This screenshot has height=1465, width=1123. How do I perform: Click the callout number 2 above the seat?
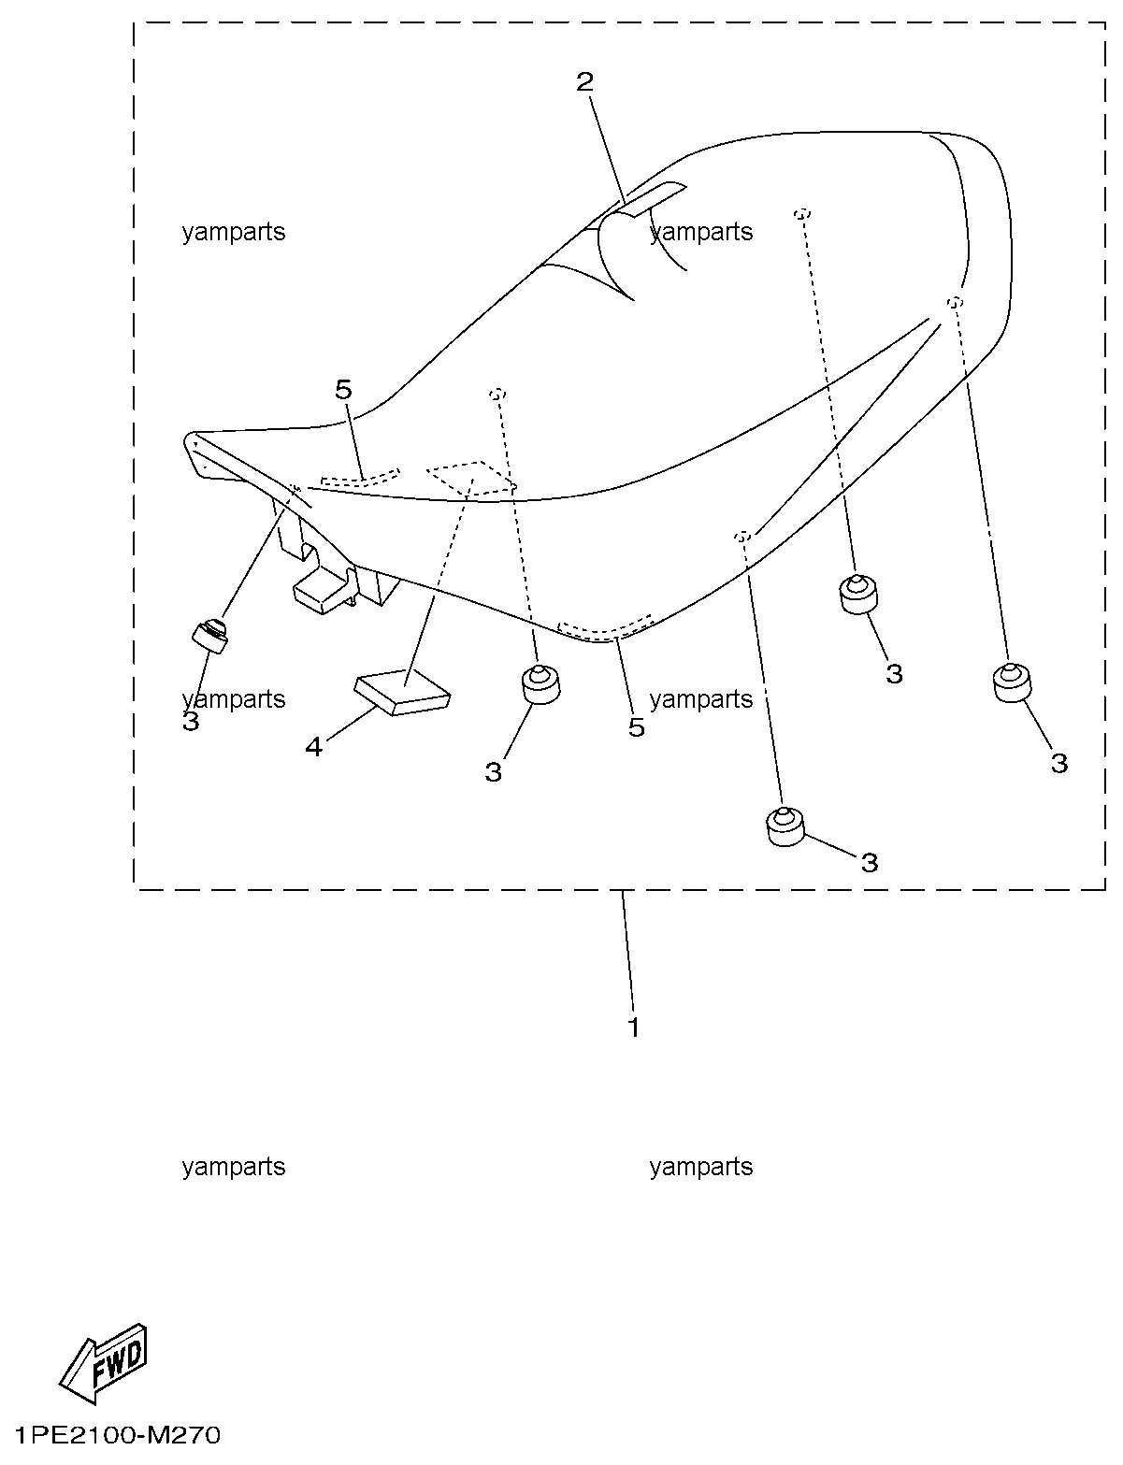coord(584,82)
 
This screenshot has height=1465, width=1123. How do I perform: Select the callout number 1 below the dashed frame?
coord(634,1027)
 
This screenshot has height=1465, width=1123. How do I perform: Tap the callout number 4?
coord(314,746)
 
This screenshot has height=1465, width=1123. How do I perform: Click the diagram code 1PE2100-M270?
coord(118,1436)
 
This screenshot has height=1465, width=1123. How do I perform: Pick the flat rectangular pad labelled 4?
coord(402,691)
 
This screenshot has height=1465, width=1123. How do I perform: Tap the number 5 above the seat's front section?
coord(344,389)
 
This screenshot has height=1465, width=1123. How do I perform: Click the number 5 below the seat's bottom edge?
coord(637,727)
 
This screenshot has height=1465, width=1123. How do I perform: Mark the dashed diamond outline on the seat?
coord(472,480)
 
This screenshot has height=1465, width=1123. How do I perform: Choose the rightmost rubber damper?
coord(1012,682)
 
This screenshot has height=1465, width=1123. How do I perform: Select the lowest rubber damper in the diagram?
coord(786,826)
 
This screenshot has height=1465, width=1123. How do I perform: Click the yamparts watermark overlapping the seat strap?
coord(701,232)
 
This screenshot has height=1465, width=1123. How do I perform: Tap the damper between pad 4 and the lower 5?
coord(541,684)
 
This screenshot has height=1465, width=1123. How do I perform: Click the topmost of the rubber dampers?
coord(858,594)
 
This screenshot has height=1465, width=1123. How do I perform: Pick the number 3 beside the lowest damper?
coord(870,862)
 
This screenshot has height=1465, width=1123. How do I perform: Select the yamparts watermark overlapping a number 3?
coord(233,699)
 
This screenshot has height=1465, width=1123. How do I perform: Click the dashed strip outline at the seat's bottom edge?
coord(605,627)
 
